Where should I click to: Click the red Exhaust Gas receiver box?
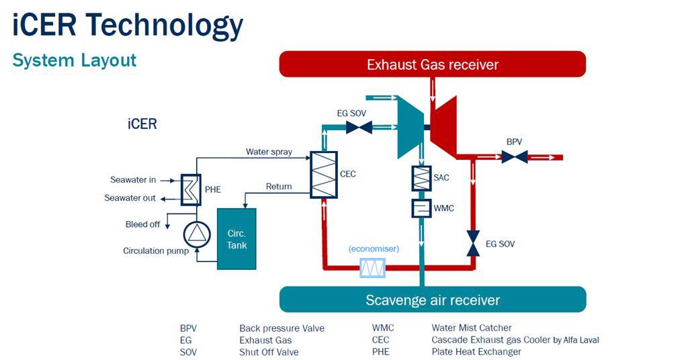433,64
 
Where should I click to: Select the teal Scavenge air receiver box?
433,300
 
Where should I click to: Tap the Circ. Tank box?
236,239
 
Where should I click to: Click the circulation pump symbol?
197,234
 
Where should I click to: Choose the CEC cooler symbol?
323,174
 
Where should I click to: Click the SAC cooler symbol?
421,178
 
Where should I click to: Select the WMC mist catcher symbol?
421,208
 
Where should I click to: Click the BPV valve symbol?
514,157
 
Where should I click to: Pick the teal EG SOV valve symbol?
359,127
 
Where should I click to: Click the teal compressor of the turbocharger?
408,127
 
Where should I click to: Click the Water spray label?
269,152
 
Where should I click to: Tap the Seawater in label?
133,180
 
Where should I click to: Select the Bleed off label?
142,224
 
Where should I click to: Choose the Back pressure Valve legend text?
282,328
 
